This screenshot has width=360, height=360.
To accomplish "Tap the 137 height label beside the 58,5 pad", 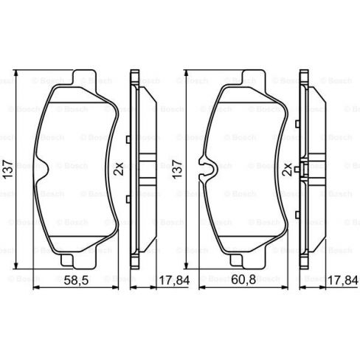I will pyautogui.click(x=7, y=169).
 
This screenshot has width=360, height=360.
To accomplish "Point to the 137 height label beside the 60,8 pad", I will pyautogui.click(x=175, y=169).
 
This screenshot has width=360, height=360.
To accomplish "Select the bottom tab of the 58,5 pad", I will pyautogui.click(x=71, y=260).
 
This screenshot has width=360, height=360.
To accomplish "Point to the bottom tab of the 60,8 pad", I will pyautogui.click(x=243, y=260).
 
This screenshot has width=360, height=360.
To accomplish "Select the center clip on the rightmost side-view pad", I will pyautogui.click(x=313, y=169).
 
